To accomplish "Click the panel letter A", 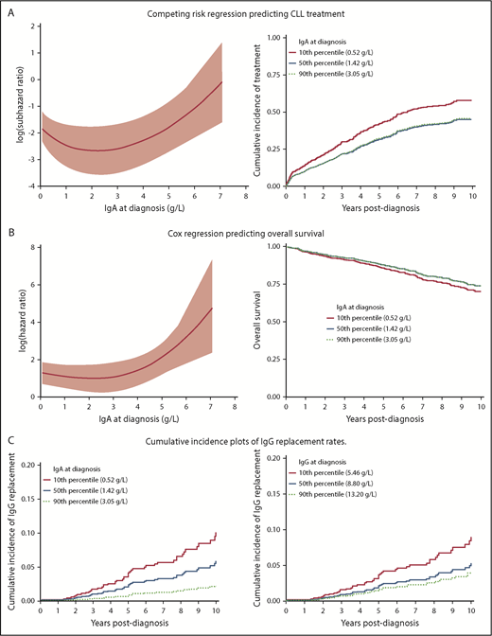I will tap(9, 9).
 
